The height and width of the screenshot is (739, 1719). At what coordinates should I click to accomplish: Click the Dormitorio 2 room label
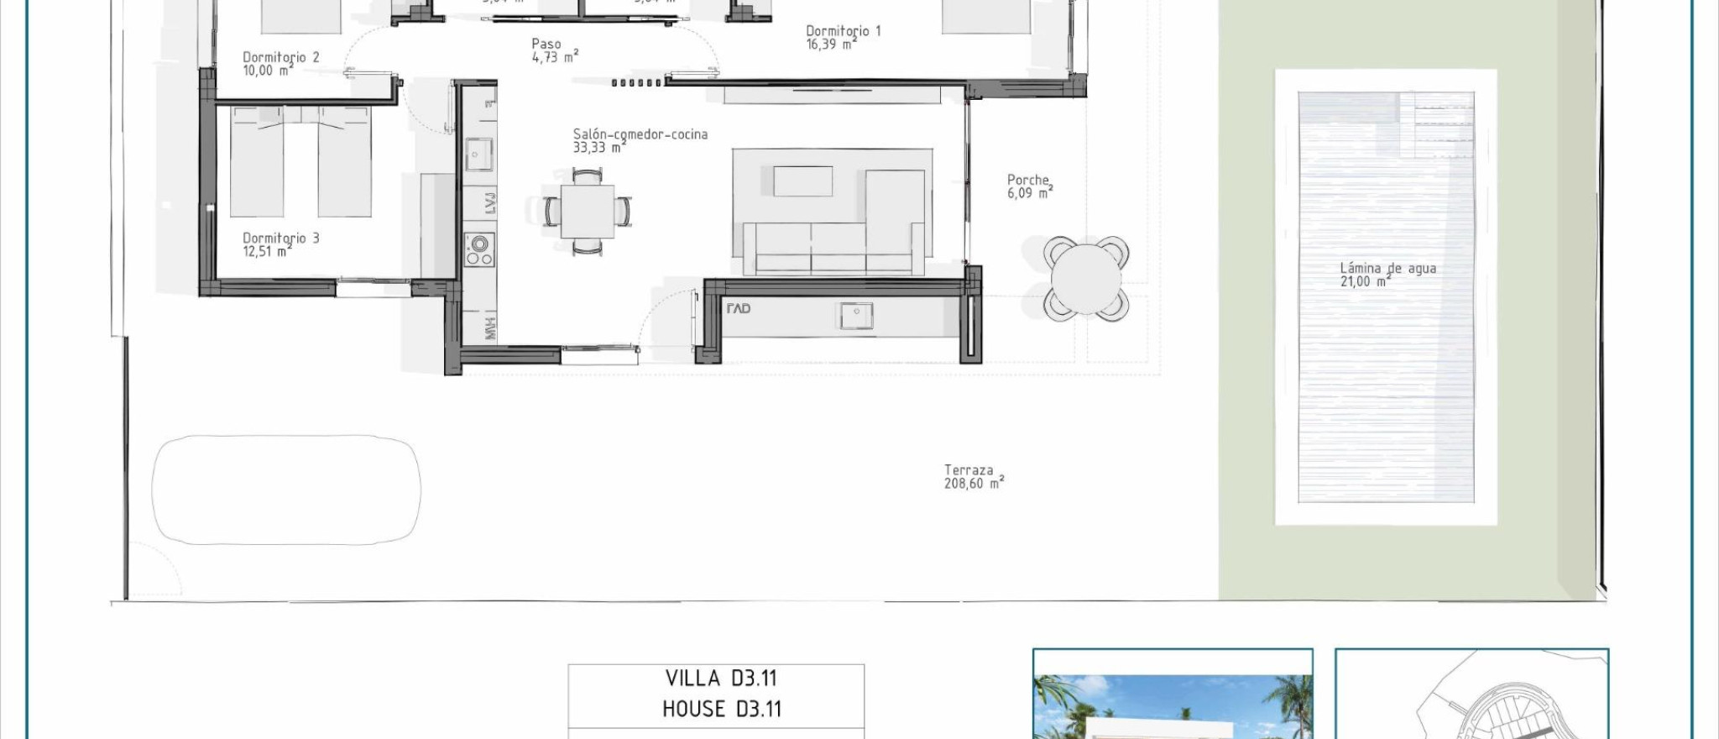point(280,58)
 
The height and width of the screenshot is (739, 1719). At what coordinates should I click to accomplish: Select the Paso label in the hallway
point(546,45)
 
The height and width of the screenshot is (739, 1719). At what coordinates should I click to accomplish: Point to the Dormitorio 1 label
point(843,32)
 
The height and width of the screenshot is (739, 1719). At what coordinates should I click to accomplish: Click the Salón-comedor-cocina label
point(640,134)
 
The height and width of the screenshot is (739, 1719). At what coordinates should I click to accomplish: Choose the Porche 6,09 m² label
point(1029,186)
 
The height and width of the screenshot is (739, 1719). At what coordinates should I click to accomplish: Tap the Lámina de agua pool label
point(1387,269)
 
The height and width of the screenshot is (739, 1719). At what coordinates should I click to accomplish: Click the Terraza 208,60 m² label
point(972,477)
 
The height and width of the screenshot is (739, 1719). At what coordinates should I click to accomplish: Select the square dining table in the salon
point(588,212)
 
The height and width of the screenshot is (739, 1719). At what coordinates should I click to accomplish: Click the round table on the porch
point(1085,279)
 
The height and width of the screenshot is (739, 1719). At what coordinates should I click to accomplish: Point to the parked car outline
point(286,490)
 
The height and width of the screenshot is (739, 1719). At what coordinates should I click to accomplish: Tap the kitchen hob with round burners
point(479,249)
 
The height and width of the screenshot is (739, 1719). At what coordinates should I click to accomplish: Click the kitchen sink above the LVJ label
point(479,155)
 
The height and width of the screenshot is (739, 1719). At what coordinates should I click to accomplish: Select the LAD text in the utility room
point(739,309)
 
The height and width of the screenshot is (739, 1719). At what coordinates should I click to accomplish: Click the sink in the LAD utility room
point(855,316)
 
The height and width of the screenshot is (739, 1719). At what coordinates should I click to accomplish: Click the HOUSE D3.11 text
point(721,710)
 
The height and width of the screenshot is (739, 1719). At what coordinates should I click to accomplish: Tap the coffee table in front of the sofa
point(802,181)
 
